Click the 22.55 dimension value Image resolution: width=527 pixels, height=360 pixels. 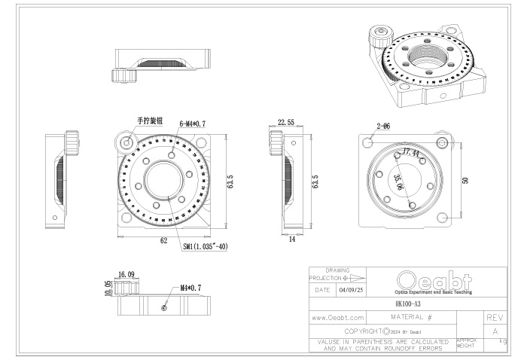(x=285, y=122)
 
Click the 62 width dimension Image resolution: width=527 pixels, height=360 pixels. (x=163, y=241)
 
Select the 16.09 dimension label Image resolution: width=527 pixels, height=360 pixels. (x=126, y=275)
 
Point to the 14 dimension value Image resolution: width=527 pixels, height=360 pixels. (x=291, y=240)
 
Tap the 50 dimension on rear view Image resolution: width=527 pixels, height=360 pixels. (x=466, y=180)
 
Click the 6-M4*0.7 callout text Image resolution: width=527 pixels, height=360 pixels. (x=193, y=124)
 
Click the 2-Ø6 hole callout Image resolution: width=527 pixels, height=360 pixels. (x=382, y=126)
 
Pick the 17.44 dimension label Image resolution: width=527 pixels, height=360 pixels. (x=411, y=152)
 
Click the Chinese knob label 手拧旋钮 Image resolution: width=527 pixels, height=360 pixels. (x=148, y=121)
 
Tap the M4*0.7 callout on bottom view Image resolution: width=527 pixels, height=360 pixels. (x=191, y=288)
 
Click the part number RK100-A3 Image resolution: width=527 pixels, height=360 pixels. (x=408, y=304)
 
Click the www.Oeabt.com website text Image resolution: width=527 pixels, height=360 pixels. (x=338, y=319)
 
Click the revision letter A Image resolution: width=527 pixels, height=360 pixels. (x=495, y=331)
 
